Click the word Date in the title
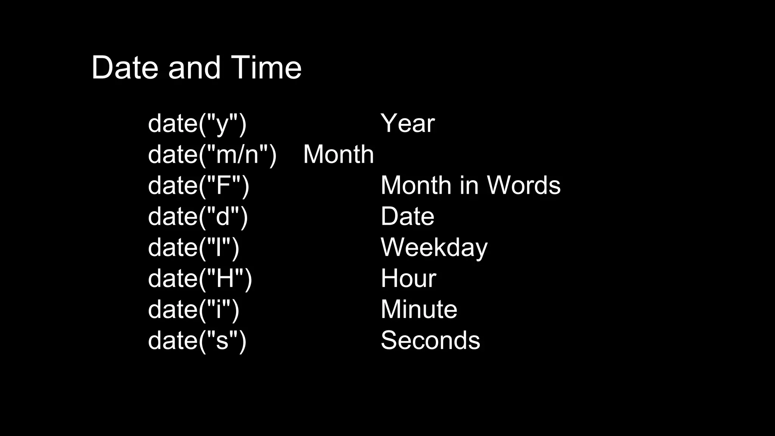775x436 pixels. coord(124,68)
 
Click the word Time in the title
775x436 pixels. coord(266,68)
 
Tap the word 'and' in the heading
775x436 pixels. coord(194,68)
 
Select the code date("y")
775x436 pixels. coord(197,124)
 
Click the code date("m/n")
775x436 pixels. coord(212,155)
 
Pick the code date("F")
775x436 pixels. coord(199,186)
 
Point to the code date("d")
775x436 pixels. coord(198,217)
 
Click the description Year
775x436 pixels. coord(408,123)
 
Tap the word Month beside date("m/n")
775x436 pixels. coord(338,154)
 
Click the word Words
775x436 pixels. coord(523,185)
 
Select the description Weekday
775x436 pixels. coord(434,248)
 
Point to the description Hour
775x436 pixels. coord(408,279)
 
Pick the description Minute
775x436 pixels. coord(419,310)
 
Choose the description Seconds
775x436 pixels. coord(430,340)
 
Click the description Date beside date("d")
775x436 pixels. coord(408,216)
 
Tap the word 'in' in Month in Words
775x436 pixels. coord(468,185)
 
